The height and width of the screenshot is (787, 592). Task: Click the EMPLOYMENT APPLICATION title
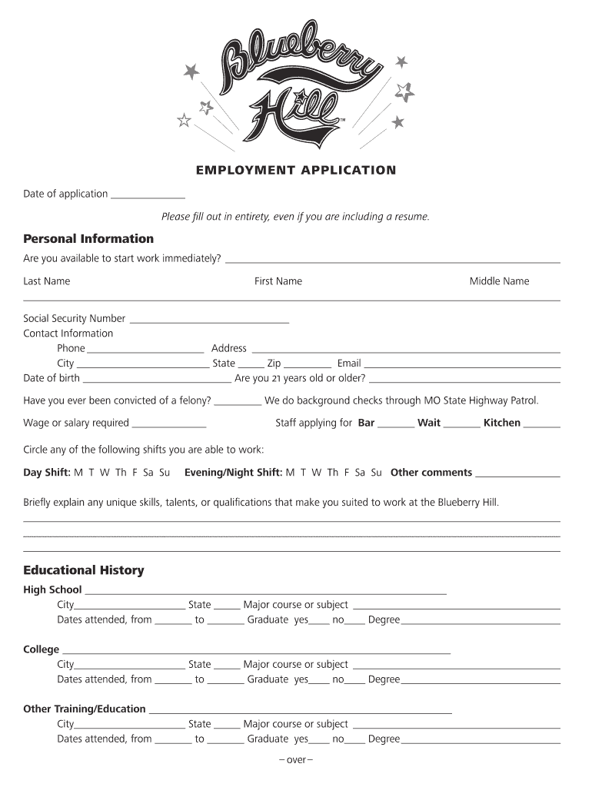(296, 170)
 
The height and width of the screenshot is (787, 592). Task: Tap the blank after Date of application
(148, 195)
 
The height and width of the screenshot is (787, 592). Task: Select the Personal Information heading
(88, 238)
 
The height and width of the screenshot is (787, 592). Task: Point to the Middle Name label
(499, 281)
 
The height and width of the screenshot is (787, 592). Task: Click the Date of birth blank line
(157, 380)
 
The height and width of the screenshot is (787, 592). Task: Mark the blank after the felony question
(238, 402)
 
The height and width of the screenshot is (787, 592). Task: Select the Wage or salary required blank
(169, 424)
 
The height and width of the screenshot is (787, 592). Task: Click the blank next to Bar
(396, 424)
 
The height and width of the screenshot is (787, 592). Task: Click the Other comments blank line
(517, 474)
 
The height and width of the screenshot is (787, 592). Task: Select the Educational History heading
(84, 570)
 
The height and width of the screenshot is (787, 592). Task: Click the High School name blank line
(265, 592)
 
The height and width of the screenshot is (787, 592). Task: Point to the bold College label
(41, 649)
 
